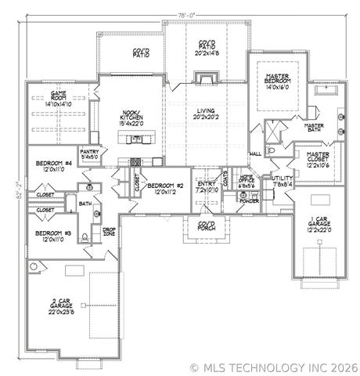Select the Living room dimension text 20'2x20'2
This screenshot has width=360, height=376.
206,118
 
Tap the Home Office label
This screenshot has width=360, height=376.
247,180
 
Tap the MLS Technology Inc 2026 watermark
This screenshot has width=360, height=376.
274,367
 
